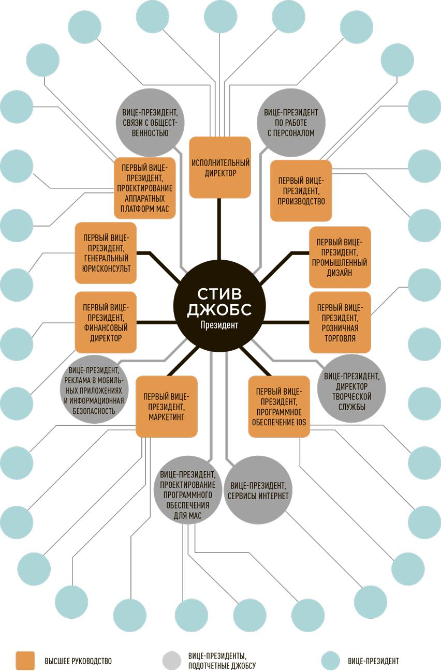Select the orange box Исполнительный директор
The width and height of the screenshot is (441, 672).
(x=220, y=167)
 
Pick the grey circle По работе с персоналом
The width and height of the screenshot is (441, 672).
(x=291, y=123)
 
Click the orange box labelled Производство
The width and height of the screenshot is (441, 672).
(x=301, y=190)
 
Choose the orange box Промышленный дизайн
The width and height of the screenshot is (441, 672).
(x=340, y=257)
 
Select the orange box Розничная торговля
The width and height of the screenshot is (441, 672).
(x=340, y=322)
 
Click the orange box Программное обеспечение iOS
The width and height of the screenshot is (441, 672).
(x=279, y=406)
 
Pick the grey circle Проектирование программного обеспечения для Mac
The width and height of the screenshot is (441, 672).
(x=187, y=495)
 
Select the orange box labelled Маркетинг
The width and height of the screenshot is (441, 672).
(x=167, y=407)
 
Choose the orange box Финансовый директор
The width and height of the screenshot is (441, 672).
(x=106, y=322)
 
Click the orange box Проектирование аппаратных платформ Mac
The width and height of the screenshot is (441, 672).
(x=144, y=187)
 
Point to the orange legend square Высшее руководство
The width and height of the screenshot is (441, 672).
(x=25, y=661)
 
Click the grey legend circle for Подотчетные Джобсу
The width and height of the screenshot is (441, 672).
(x=172, y=661)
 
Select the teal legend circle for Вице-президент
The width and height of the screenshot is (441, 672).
(x=330, y=661)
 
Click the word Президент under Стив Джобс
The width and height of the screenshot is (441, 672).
(x=219, y=326)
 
